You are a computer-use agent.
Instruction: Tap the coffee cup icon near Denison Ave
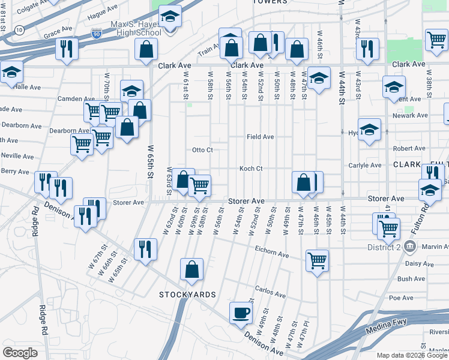pyautogui.click(x=241, y=313)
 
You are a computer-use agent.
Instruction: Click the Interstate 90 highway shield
pyautogui.click(x=97, y=34)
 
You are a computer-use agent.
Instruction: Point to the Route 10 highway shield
pyautogui.click(x=20, y=30)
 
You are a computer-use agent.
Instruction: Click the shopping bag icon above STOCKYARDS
pyautogui.click(x=191, y=269)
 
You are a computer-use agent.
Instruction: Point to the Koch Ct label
pyautogui.click(x=251, y=169)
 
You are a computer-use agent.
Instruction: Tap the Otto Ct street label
pyautogui.click(x=202, y=150)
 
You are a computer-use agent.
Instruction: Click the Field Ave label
pyautogui.click(x=260, y=137)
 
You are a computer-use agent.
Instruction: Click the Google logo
pyautogui.click(x=20, y=353)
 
